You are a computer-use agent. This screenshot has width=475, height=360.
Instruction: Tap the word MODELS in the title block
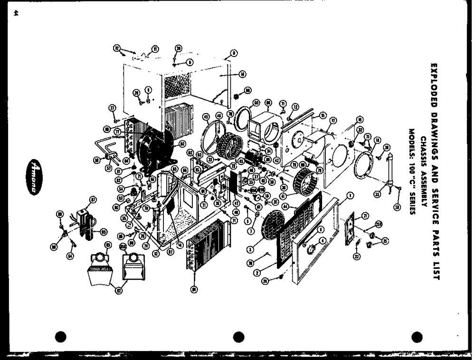click(x=411, y=142)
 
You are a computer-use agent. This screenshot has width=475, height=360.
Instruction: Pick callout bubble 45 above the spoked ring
click(x=206, y=116)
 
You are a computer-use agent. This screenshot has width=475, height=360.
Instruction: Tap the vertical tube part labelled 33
click(x=391, y=171)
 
